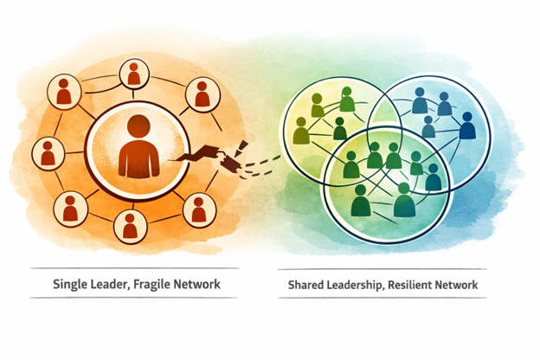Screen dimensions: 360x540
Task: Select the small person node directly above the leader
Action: point(134,74)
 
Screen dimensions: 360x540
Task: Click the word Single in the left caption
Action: point(73,284)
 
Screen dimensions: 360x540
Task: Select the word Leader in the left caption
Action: point(113,284)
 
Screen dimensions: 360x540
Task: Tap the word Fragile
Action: point(157,284)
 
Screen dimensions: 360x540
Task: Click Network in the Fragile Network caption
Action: point(201,284)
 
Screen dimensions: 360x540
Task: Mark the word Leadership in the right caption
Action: point(362,284)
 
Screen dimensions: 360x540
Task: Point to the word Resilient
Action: point(421,284)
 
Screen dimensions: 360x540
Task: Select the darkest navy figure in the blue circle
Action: point(467,128)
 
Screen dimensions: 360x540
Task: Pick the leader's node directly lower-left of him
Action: point(70,207)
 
